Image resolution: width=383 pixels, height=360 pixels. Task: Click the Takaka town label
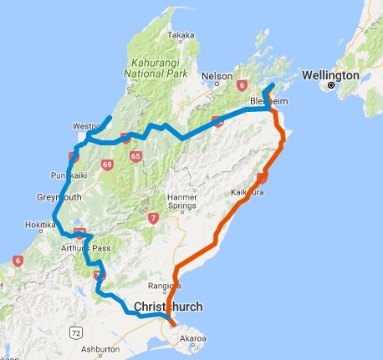pyautogui.click(x=182, y=35)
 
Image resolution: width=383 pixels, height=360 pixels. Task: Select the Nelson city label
pyautogui.click(x=217, y=76)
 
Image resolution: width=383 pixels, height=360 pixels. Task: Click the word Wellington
pyautogui.click(x=327, y=74)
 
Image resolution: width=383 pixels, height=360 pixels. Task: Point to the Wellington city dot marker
pyautogui.click(x=331, y=85)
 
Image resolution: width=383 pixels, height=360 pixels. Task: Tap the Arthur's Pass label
pyautogui.click(x=80, y=248)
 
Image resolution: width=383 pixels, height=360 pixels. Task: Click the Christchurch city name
pyautogui.click(x=168, y=307)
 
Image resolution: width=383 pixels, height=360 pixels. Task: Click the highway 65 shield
pyautogui.click(x=135, y=155)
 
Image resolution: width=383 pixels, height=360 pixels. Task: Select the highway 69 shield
pyautogui.click(x=107, y=165)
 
